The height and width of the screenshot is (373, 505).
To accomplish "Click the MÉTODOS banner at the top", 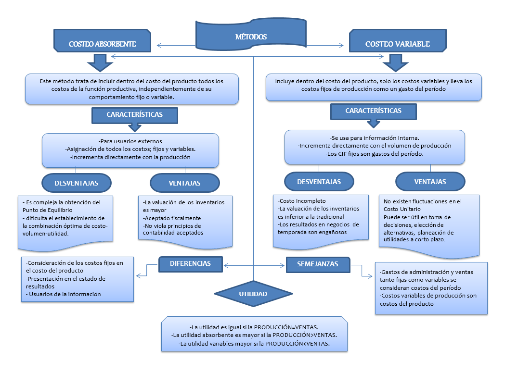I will point(251,37).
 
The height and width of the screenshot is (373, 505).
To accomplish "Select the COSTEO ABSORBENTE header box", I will point(102,44).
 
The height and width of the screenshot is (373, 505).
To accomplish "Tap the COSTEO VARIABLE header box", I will point(397,44).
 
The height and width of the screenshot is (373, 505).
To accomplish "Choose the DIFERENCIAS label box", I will point(191,263).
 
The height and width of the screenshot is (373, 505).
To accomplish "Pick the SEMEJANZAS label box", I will point(318,264).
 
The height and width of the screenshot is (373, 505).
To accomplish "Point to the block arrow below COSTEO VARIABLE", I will point(395,62).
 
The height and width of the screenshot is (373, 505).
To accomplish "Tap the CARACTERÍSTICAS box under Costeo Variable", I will point(373,111).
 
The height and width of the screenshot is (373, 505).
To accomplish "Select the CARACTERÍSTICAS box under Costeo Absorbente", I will point(134,115).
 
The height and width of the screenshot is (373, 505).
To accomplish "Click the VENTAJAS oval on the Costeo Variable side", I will point(430,182).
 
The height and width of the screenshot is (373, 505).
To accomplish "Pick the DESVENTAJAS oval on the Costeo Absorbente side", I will point(77,183).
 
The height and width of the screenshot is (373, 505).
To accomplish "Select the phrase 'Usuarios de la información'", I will point(65,294).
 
